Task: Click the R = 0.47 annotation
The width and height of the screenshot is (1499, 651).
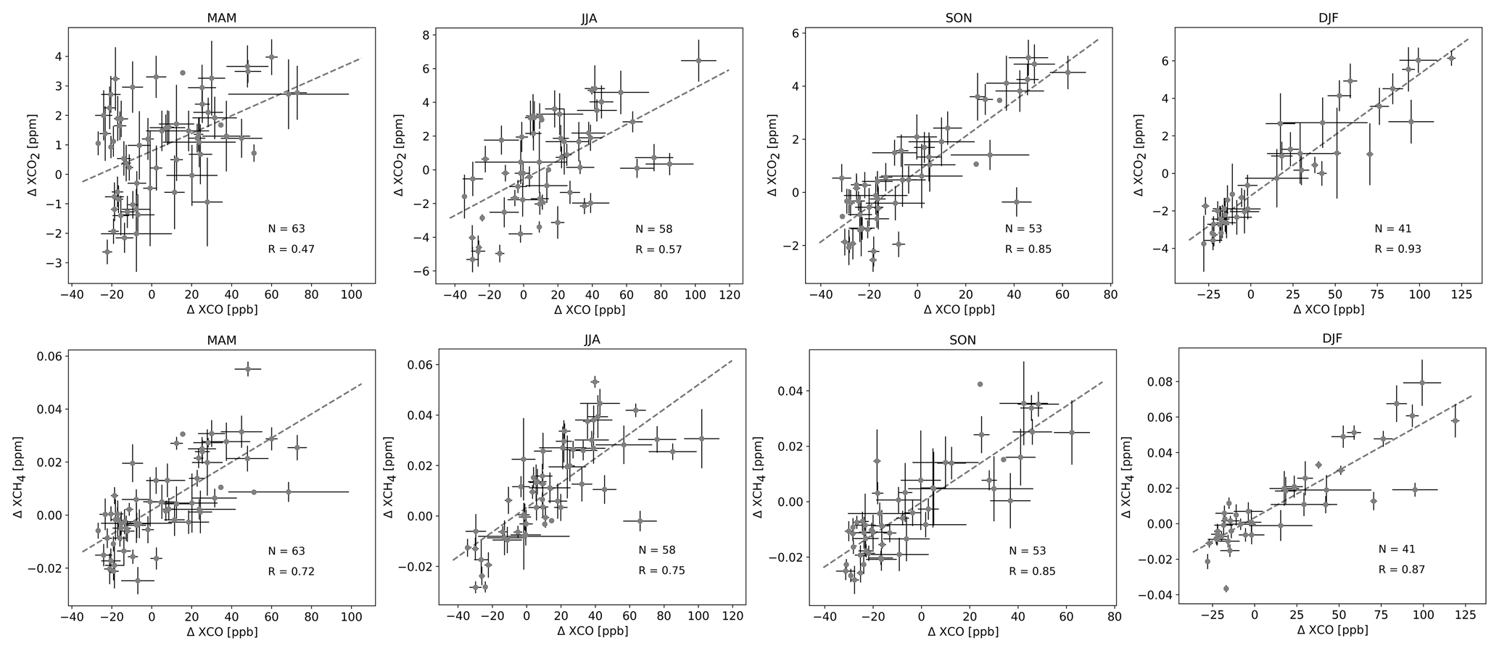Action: coord(291,249)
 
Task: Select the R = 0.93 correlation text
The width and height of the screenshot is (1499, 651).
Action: coord(1397,249)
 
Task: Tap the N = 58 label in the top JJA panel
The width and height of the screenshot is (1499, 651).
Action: coord(653,229)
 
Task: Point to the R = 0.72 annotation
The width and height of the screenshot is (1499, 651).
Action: coord(291,571)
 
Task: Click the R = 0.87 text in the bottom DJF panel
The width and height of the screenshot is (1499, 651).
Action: coord(1401,570)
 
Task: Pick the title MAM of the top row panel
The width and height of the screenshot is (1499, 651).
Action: coord(221,19)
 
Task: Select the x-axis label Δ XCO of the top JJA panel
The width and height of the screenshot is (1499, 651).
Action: coord(590,310)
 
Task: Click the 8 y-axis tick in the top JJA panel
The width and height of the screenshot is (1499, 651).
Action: coord(426,35)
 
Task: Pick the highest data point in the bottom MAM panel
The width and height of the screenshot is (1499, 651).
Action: coord(247,369)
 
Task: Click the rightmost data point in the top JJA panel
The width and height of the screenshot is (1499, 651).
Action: coord(698,60)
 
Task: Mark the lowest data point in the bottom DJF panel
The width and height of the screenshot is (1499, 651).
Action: coord(1226,589)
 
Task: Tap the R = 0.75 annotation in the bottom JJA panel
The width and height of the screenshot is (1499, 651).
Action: coord(661,571)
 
